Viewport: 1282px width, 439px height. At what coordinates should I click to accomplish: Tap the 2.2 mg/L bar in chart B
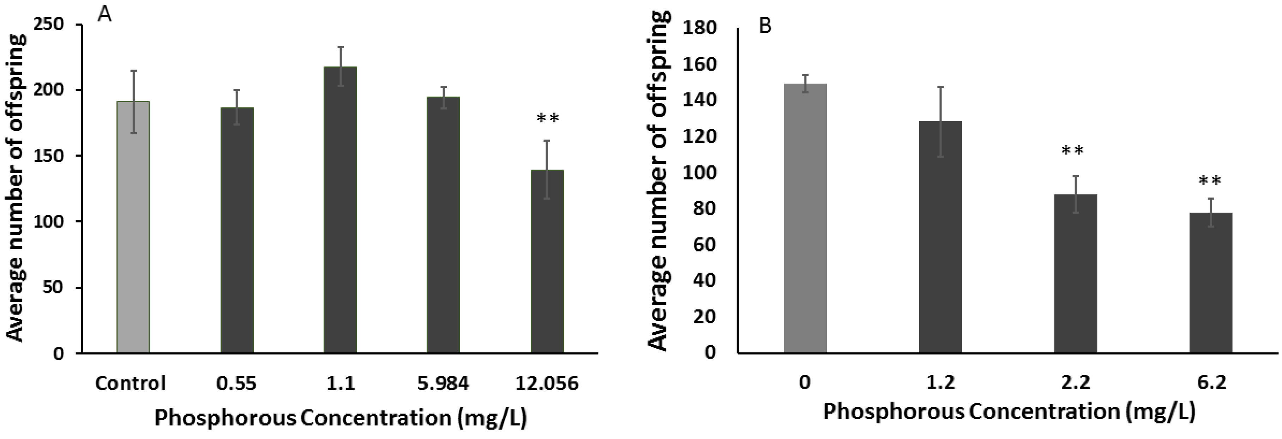point(1076,273)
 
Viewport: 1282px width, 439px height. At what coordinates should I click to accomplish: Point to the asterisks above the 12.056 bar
point(547,118)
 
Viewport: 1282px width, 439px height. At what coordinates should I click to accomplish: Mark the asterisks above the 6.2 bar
point(1210,181)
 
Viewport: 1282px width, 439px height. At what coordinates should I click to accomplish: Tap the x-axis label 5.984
point(443,383)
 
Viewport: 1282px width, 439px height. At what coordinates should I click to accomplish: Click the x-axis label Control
point(131,383)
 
